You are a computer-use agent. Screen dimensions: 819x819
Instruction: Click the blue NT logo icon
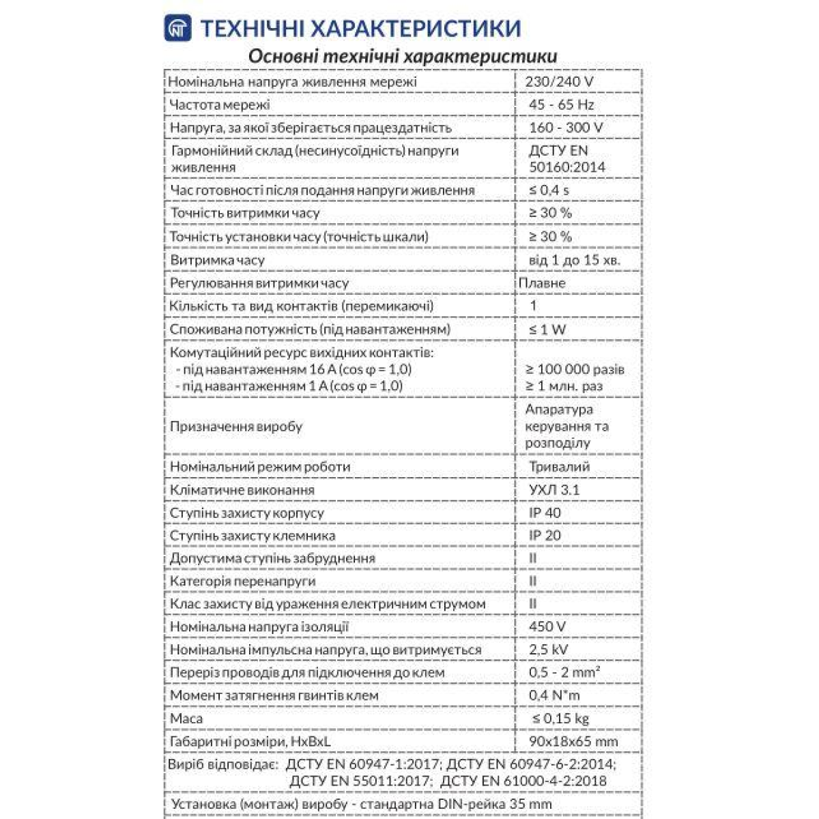177,28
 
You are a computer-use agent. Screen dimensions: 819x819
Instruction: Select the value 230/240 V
559,82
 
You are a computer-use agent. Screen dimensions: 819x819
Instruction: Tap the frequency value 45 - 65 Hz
561,104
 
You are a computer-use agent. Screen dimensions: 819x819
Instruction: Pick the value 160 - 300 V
566,128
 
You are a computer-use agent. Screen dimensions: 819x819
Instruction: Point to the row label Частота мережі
220,105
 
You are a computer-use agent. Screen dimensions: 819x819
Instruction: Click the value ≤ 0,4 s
549,190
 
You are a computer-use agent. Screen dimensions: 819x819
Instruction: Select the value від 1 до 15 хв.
575,260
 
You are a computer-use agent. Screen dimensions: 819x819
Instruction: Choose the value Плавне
542,283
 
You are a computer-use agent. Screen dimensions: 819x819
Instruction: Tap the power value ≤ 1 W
548,329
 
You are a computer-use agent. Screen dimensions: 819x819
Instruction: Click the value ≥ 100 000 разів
575,369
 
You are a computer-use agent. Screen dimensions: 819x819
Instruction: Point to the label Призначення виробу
236,427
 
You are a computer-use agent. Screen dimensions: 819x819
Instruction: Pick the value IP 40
545,513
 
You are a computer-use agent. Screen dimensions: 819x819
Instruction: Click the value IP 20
545,536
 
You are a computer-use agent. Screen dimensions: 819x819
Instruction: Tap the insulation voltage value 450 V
547,627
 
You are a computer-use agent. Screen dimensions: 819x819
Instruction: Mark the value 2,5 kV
549,650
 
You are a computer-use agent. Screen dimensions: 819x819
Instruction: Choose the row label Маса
186,719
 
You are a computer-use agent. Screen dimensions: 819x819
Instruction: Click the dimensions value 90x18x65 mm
573,741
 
